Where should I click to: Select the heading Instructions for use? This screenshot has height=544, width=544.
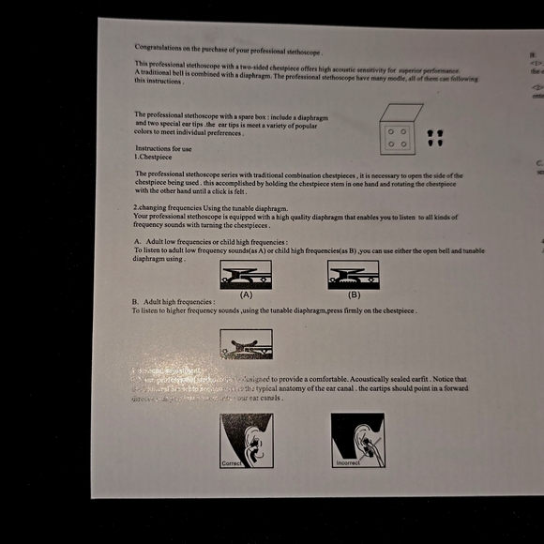click(163, 149)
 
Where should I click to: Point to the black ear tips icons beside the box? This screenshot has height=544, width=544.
click(433, 138)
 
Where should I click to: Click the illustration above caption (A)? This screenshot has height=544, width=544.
click(246, 274)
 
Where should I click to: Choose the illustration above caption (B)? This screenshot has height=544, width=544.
click(353, 274)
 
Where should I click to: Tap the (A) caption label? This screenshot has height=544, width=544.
click(247, 294)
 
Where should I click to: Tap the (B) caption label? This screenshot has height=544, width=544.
click(354, 294)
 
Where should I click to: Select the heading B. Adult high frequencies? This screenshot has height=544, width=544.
click(174, 302)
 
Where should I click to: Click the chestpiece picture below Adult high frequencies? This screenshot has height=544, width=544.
click(246, 344)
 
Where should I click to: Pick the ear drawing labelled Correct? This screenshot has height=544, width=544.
click(246, 440)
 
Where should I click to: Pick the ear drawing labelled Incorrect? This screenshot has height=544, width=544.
click(357, 440)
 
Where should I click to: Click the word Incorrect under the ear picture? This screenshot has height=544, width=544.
click(347, 463)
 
